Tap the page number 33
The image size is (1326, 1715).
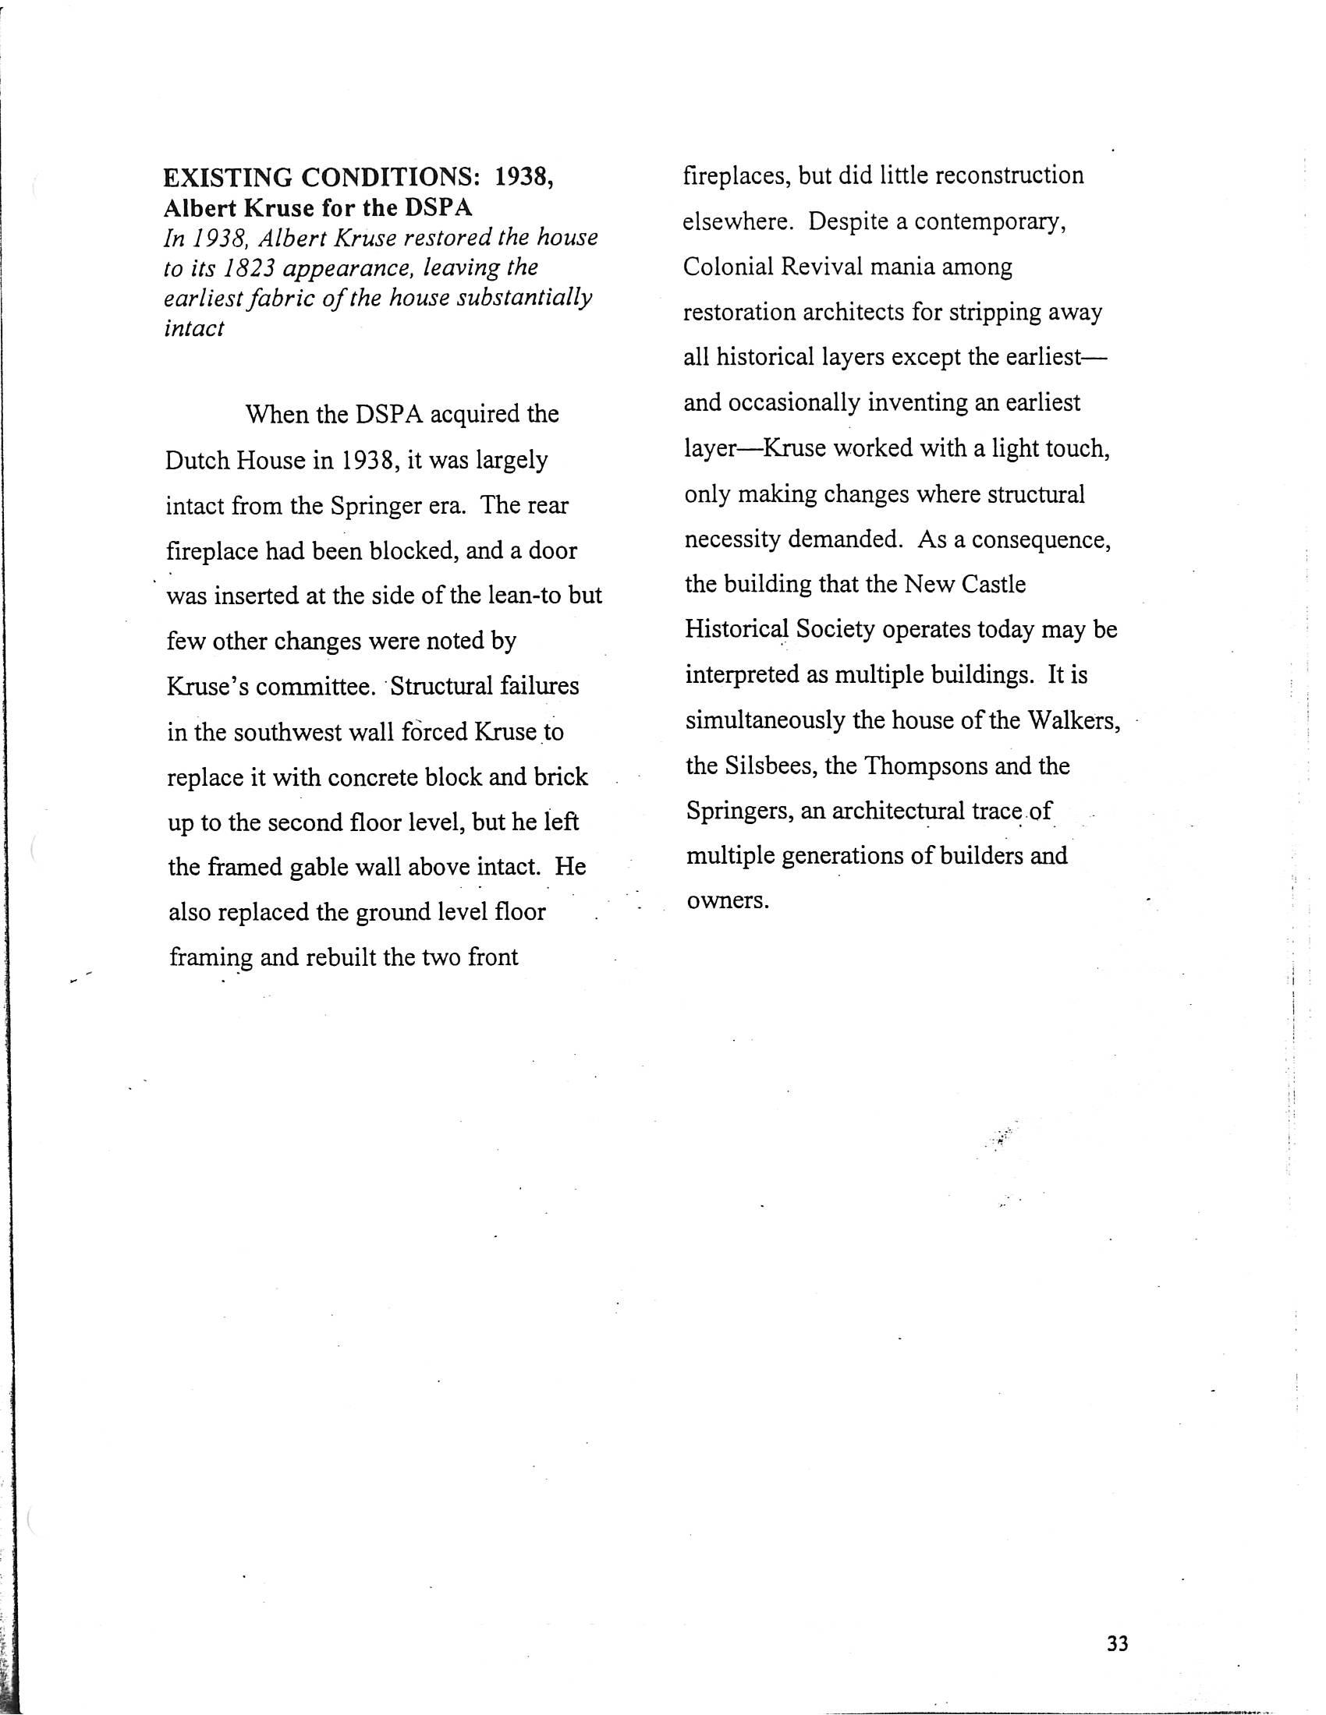1117,1643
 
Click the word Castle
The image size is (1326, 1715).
990,584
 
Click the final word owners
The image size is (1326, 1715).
717,900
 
